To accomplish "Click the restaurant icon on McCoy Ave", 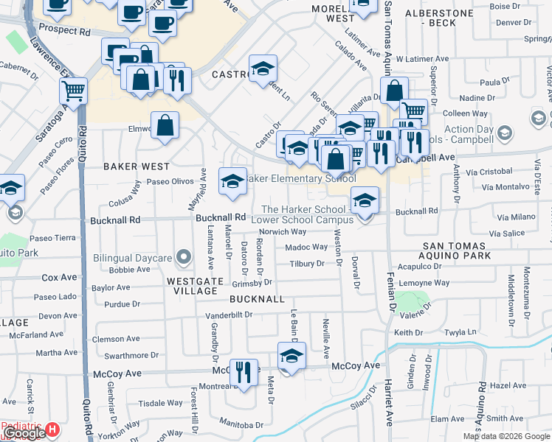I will point(244,372).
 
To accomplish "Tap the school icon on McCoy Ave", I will point(291,357).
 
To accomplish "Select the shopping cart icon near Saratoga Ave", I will point(74,92).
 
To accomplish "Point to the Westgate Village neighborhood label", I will point(192,286).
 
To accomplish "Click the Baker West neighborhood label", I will point(131,166).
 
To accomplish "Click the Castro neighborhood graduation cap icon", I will point(263,69).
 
